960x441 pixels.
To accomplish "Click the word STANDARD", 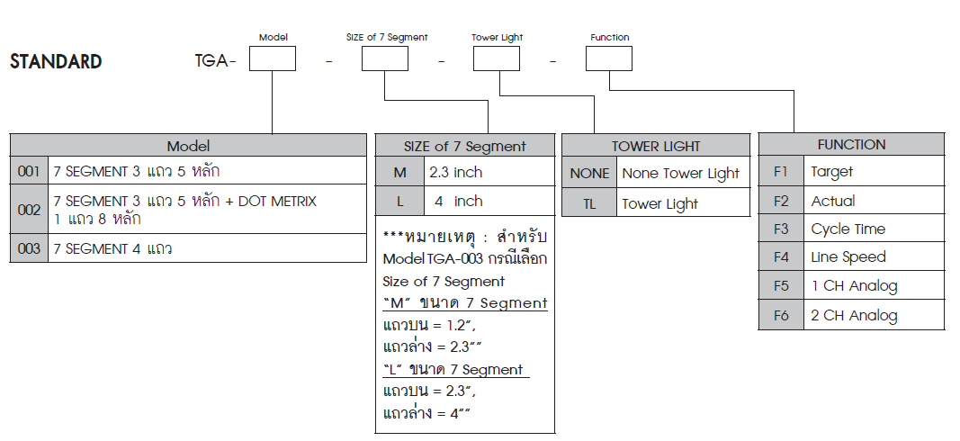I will point(56,62).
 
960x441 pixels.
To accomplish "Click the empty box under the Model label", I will point(273,58).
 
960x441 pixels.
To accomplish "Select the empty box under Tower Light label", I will point(497,58).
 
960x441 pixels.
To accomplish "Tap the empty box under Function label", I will point(609,58).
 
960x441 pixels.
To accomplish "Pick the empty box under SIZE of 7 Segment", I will point(384,58).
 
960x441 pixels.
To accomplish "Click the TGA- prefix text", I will point(215,62).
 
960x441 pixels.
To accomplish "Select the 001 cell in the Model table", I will point(30,170).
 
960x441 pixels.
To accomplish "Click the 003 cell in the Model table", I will point(30,248).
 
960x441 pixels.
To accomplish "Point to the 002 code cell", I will point(30,210).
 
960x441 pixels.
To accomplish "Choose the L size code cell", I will point(399,202).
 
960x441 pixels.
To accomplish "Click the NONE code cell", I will point(589,174).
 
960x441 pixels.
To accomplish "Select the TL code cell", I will point(589,204).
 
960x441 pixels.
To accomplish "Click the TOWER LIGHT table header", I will point(655,146).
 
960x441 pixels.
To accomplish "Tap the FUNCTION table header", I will point(851,144).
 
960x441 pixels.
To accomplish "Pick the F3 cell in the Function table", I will point(780,229).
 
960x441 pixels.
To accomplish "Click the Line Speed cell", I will point(873,257).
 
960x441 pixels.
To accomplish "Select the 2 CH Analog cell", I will point(873,315).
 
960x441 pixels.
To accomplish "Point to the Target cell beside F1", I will point(873,172).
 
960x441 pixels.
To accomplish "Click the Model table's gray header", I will point(188,146).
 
